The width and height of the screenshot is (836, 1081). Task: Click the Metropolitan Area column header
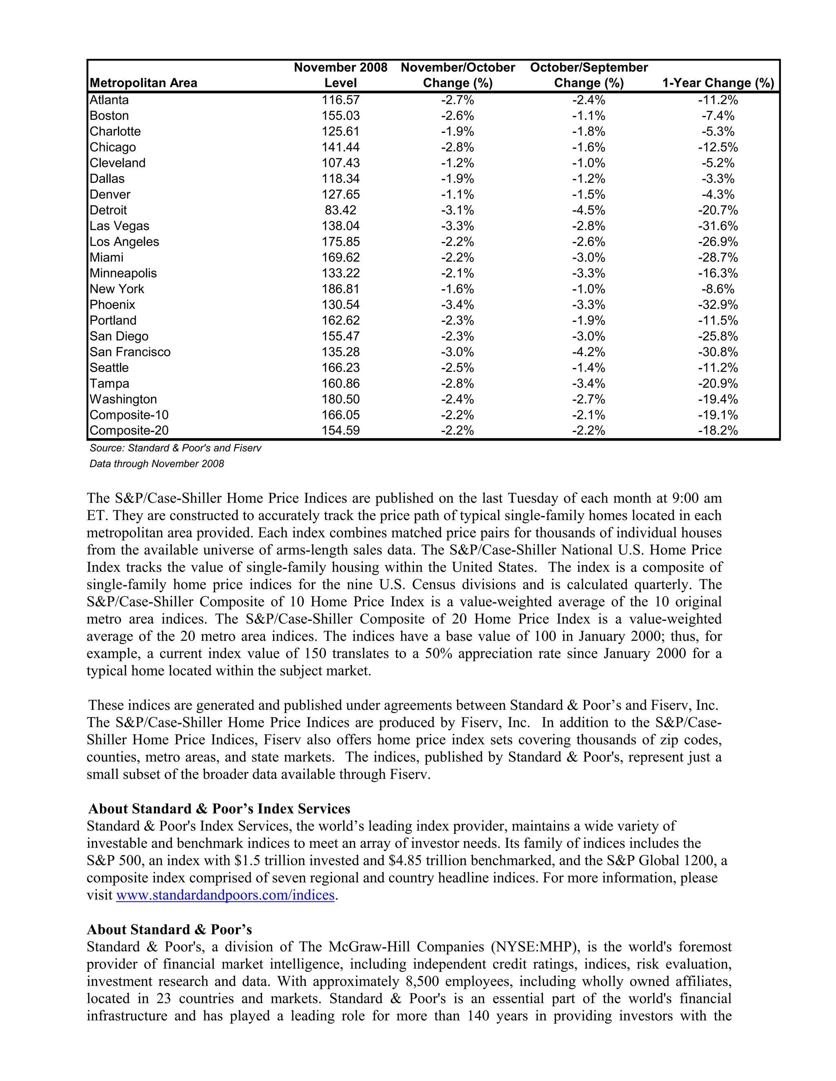[x=143, y=83]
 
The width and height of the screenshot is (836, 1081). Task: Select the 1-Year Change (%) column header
[x=718, y=83]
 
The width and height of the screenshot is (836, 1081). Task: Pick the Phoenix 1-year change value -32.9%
[x=718, y=304]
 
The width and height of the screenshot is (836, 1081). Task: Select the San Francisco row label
[x=130, y=352]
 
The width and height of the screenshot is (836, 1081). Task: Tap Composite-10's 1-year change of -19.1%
[x=718, y=415]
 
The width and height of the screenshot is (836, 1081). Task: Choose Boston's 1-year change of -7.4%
[x=718, y=115]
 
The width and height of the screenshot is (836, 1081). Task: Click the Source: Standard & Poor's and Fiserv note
[x=175, y=448]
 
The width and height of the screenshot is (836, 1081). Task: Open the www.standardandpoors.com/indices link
[x=225, y=895]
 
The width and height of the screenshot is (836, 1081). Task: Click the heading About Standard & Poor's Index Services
[x=219, y=809]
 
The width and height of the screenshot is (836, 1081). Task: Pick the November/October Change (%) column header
[x=458, y=75]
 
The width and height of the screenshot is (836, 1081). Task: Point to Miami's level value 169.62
[x=340, y=257]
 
